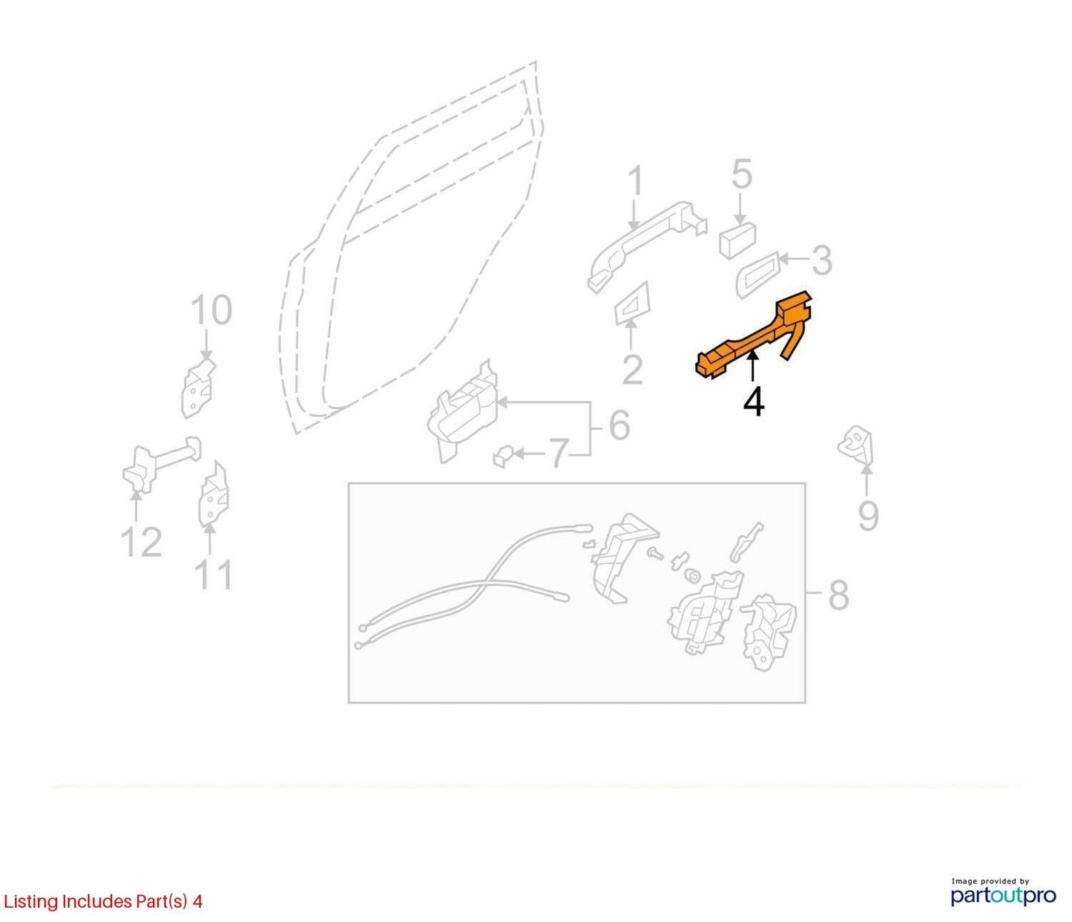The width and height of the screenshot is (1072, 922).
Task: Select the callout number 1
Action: [x=635, y=181]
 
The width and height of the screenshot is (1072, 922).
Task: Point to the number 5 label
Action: [x=742, y=174]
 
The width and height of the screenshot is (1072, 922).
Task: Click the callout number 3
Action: [x=821, y=261]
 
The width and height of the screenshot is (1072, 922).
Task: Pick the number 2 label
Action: [x=632, y=370]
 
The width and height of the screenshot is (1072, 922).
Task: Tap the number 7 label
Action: [x=558, y=453]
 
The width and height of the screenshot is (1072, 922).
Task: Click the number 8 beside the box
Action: [x=838, y=595]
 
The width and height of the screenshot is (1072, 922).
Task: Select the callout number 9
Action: [x=869, y=516]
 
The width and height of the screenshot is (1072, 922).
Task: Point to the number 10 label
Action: [x=211, y=310]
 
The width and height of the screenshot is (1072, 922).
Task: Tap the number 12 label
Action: [x=141, y=542]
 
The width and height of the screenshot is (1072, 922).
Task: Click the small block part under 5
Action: [x=737, y=240]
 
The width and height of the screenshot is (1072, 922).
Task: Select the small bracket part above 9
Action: [x=855, y=445]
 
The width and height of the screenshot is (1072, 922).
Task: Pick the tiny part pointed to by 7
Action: [x=501, y=456]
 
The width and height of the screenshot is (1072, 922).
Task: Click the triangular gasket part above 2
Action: [x=632, y=304]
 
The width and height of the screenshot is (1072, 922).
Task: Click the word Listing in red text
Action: [x=30, y=902]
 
